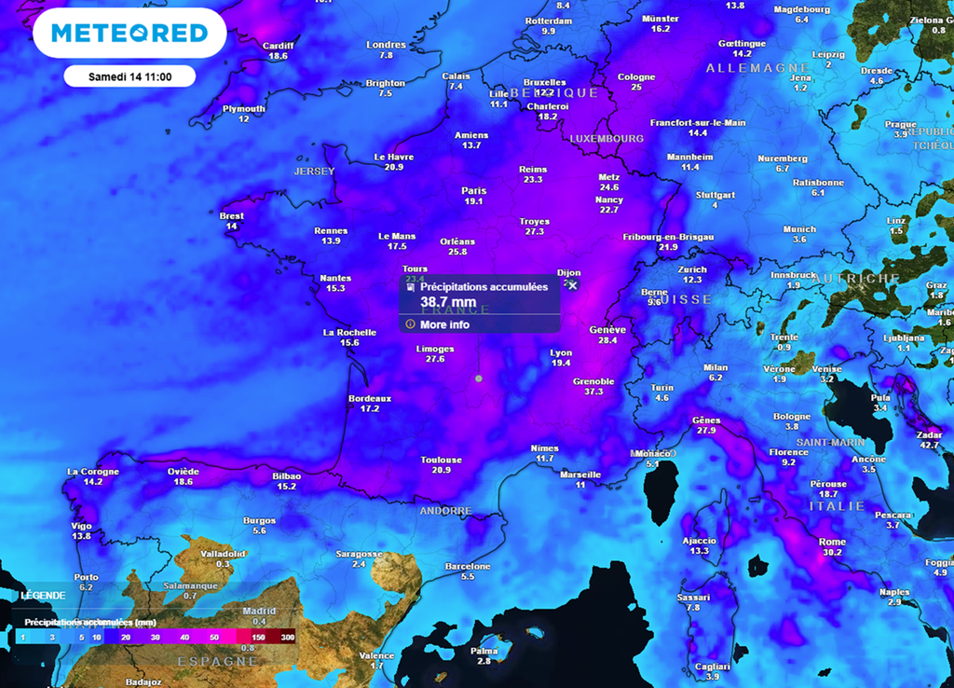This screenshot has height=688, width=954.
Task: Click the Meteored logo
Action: pos(129,34)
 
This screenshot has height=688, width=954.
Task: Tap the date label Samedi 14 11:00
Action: pos(129,76)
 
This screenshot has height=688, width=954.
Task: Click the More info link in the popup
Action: pos(444,324)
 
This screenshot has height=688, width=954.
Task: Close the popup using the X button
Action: pos(573,286)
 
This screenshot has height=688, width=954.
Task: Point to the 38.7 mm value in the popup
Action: pos(448,303)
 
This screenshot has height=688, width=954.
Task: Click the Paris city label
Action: pos(473,191)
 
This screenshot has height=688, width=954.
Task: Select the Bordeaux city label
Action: pos(370,398)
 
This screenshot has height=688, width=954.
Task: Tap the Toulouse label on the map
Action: pos(441,460)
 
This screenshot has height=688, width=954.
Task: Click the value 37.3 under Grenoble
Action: pos(593,392)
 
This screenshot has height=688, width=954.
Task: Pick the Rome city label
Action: pos(832,542)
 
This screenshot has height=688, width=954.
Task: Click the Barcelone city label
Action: pos(468,566)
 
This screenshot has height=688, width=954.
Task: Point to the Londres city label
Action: pos(386,45)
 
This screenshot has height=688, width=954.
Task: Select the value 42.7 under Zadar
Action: pos(928,446)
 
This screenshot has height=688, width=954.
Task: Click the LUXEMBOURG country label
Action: pos(606,138)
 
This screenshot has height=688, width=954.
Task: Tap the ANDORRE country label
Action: pos(445,511)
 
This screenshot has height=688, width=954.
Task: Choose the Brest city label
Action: pos(232,216)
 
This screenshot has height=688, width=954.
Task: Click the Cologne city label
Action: pos(636,76)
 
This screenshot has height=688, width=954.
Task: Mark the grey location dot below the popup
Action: pos(479,378)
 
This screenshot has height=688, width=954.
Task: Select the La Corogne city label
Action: pos(92,471)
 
